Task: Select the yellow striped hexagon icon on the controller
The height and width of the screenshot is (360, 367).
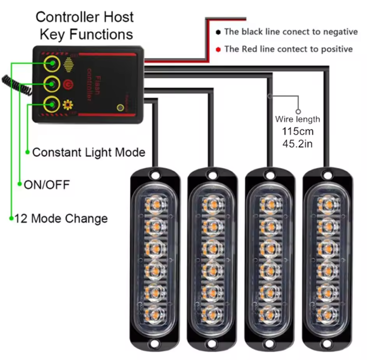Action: point(69,64)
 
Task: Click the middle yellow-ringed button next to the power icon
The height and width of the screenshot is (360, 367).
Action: point(51,84)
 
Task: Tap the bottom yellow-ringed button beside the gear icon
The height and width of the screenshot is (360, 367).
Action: point(51,104)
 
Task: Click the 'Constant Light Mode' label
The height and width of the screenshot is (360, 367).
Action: point(88,152)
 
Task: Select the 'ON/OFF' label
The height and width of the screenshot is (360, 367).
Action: point(46,185)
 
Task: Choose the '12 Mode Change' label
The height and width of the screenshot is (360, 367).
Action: point(61,218)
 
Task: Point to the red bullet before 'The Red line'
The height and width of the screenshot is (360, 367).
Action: point(218,49)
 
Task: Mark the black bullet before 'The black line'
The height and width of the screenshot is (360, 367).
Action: point(218,32)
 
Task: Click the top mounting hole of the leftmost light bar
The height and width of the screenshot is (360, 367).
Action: point(154,176)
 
